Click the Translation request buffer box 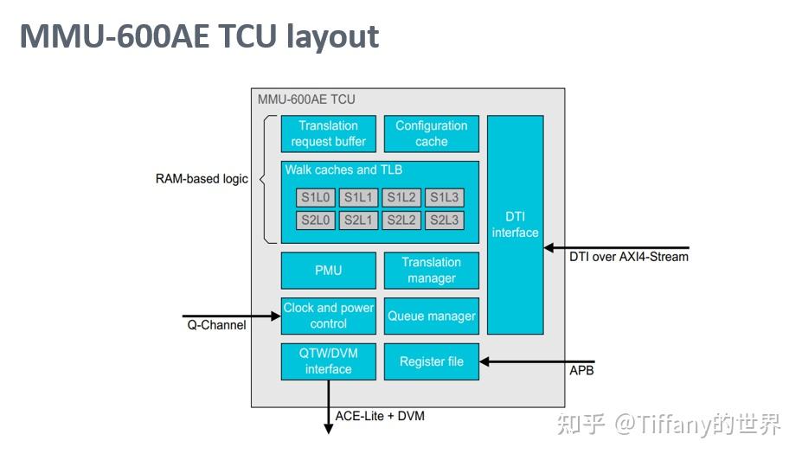tap(329, 134)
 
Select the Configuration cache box tap(431, 134)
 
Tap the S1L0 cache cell tap(315, 198)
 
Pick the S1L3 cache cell tap(445, 198)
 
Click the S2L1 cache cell tap(358, 220)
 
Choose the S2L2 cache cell tap(401, 220)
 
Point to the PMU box tap(329, 271)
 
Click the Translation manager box tap(431, 271)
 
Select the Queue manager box tap(431, 316)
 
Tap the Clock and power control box tap(329, 316)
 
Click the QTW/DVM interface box tap(329, 361)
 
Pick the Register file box tap(431, 361)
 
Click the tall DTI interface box tap(516, 225)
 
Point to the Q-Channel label tap(216, 326)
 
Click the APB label tap(581, 371)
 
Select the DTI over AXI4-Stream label tap(629, 256)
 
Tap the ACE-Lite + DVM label tap(380, 416)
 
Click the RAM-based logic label tap(202, 179)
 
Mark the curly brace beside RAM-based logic tap(263, 179)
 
